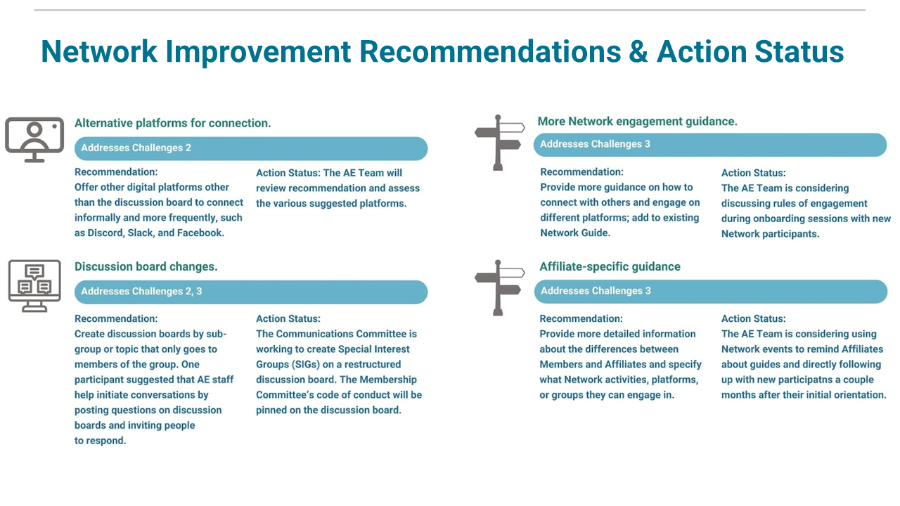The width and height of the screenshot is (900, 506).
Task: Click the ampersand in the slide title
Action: click(x=638, y=52)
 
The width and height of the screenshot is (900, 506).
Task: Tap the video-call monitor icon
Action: click(x=34, y=140)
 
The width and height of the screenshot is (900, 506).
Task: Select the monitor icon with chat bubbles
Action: click(x=34, y=285)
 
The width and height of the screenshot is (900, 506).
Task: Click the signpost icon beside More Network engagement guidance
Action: click(x=499, y=143)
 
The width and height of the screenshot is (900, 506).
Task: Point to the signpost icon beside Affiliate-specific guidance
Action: click(x=499, y=287)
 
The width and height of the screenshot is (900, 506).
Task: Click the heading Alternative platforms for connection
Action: click(x=173, y=123)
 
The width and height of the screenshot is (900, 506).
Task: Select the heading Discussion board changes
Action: click(x=146, y=266)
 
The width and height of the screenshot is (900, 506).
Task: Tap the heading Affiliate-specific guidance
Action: click(x=610, y=266)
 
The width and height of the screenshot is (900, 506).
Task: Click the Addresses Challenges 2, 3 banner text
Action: click(x=141, y=291)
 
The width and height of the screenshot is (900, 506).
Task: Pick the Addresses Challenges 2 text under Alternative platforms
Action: click(x=136, y=148)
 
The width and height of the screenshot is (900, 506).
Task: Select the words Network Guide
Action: click(x=575, y=233)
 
